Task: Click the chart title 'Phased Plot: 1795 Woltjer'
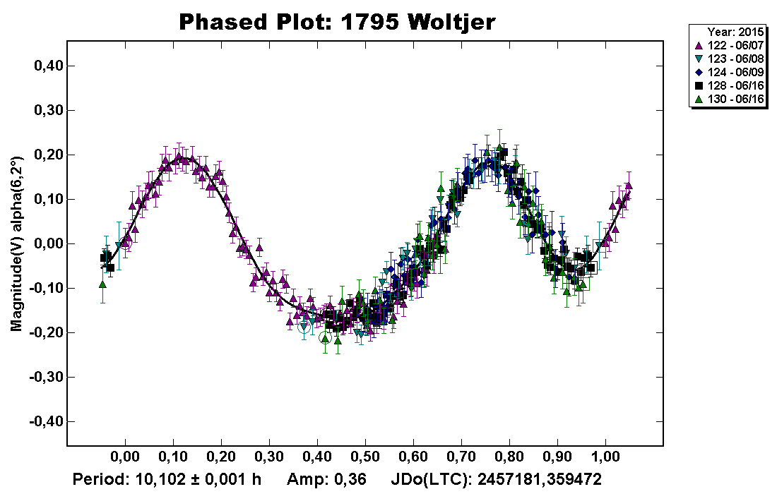(x=338, y=22)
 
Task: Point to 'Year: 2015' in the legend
(x=735, y=32)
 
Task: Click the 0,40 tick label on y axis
(x=49, y=66)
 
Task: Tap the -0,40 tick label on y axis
(x=47, y=421)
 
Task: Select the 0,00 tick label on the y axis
(x=49, y=243)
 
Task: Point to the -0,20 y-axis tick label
(x=47, y=332)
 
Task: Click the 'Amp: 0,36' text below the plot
(x=326, y=480)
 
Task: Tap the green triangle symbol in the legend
(x=699, y=100)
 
